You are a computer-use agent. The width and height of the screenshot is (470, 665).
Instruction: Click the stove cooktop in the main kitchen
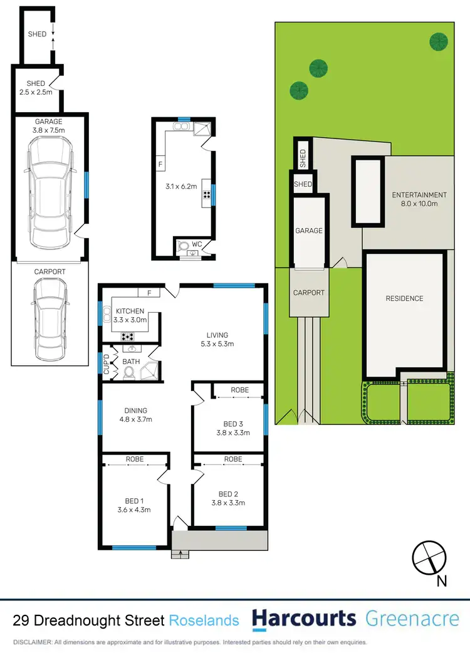point(127,337)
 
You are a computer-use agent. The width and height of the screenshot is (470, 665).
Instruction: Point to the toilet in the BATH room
point(129,372)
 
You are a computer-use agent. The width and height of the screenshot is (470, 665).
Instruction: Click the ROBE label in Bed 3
point(239,390)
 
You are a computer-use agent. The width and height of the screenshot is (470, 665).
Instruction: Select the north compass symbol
point(429,557)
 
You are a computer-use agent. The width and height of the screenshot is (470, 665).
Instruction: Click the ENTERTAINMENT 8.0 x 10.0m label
point(419,199)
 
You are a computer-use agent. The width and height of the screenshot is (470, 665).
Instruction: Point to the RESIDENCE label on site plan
point(404,298)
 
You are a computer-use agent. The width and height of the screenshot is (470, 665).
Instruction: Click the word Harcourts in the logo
point(303,619)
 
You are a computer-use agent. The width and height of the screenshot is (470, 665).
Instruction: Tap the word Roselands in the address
point(204,620)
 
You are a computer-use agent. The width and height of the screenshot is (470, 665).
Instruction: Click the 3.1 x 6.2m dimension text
point(180,186)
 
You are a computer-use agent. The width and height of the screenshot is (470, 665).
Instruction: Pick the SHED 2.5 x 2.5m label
point(36,88)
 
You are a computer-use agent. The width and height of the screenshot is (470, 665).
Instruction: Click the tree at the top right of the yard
point(439,41)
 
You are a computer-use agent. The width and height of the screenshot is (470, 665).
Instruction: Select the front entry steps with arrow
point(180,553)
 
